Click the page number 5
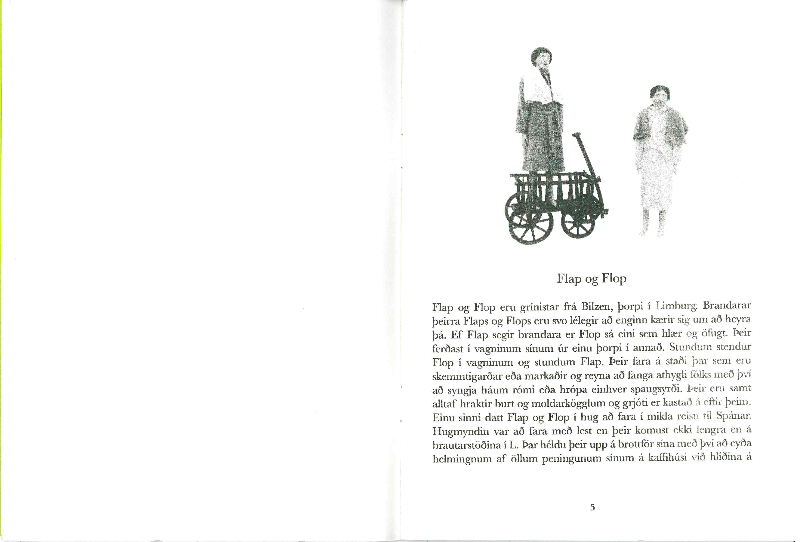pyautogui.click(x=592, y=507)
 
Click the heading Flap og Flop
pyautogui.click(x=592, y=278)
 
